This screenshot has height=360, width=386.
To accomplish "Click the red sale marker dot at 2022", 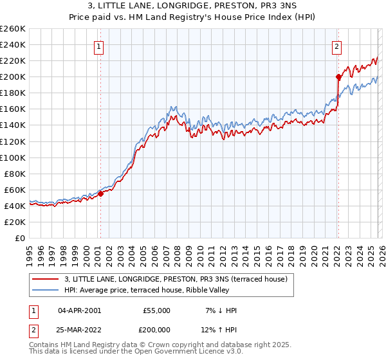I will [x=338, y=76].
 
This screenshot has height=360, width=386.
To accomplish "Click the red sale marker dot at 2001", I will [x=100, y=194].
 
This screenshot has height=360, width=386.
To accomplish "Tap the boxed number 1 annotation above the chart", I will [x=99, y=46].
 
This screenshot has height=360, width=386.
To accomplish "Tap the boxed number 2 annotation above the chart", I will [x=336, y=46].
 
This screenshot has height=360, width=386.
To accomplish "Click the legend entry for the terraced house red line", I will [x=179, y=279].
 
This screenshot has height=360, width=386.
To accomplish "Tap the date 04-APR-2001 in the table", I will [x=79, y=310].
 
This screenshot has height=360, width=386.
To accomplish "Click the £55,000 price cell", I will [x=156, y=310].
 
